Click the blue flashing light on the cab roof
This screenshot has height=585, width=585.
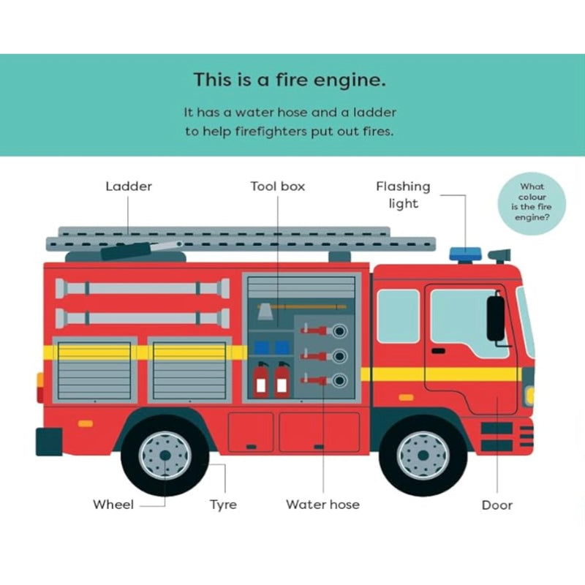(465, 254)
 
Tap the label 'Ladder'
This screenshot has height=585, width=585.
(129, 186)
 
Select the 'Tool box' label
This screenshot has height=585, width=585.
(278, 186)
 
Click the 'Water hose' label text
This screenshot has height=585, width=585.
(322, 505)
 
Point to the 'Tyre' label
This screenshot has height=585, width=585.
(223, 505)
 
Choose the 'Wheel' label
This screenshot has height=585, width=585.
(113, 505)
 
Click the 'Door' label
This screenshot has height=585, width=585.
(497, 505)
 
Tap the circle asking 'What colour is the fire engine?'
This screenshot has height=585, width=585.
(532, 203)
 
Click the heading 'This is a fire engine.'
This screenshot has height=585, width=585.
(290, 80)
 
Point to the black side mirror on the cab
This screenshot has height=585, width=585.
(496, 317)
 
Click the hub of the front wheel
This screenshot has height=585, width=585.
(423, 456)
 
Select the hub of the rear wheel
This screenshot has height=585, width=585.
(165, 456)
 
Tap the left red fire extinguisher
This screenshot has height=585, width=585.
(261, 379)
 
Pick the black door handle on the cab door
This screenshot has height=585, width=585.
(438, 351)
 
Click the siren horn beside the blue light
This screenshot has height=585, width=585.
(500, 255)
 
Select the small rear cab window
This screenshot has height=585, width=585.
(398, 316)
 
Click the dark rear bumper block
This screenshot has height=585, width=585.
(49, 442)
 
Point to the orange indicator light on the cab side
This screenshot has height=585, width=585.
(406, 398)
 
